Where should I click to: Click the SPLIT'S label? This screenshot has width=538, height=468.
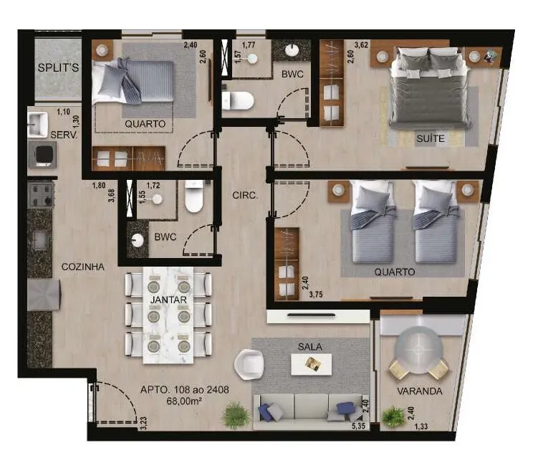click(58, 67)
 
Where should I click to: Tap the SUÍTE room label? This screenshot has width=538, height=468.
click(431, 138)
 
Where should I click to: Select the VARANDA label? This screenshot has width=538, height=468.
click(420, 391)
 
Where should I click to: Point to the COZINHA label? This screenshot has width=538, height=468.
click(83, 267)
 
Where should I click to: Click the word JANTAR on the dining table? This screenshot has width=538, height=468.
click(168, 300)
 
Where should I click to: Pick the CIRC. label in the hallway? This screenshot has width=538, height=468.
click(245, 196)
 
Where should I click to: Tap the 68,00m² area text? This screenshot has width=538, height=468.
click(184, 401)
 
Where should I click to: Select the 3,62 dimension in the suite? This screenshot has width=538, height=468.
click(361, 44)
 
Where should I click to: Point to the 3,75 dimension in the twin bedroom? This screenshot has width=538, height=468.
click(316, 295)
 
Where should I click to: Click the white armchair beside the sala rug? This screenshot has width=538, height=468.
click(249, 364)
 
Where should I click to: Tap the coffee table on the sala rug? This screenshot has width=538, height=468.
click(312, 364)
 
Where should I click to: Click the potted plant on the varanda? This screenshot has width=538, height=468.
click(393, 417)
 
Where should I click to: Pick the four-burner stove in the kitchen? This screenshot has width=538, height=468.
click(41, 195)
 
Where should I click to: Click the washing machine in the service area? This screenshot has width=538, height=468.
click(42, 155)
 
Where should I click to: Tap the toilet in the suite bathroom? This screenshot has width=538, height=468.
click(238, 100)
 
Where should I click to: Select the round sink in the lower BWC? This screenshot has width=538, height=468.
click(138, 240)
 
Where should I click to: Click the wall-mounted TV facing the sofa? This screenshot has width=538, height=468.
click(311, 315)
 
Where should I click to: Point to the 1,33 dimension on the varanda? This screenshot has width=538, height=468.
click(421, 426)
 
